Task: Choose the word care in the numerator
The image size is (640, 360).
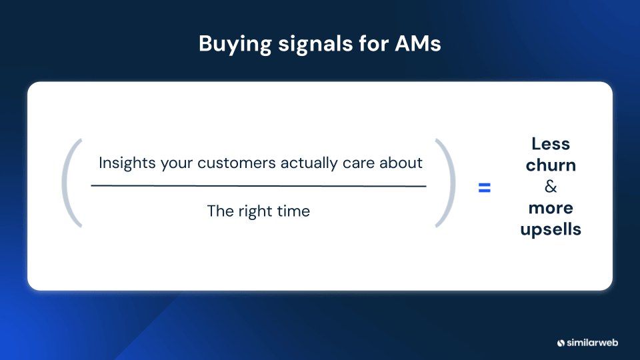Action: pos(359,163)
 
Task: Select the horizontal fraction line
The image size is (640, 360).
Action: pos(259,186)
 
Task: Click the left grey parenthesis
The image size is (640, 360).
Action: pos(71,183)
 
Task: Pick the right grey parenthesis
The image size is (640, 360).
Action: pos(447,183)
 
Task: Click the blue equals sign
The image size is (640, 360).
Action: pos(484,189)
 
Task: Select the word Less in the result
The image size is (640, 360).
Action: pos(551,143)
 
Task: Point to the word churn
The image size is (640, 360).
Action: pos(551,165)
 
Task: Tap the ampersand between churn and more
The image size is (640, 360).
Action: pos(551,187)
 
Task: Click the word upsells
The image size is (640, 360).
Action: pos(551,229)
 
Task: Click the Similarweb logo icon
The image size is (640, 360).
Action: pos(561,343)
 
